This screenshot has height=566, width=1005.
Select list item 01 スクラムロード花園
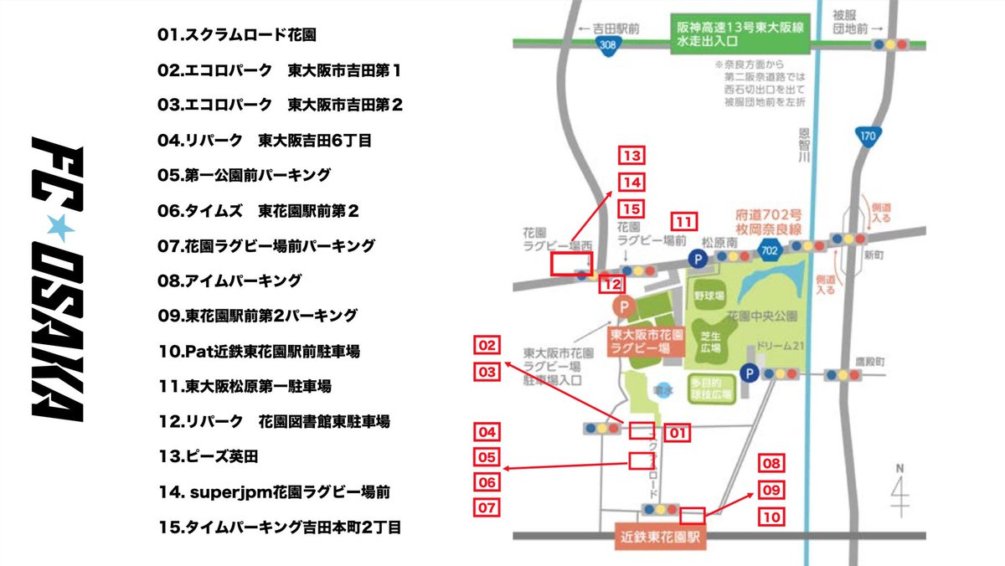click(x=237, y=35)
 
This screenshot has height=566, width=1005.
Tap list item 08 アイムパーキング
click(x=229, y=280)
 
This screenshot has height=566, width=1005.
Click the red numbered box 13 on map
click(x=631, y=156)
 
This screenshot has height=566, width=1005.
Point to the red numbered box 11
click(x=685, y=223)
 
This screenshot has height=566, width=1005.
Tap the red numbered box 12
click(x=611, y=285)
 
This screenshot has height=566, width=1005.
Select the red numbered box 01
click(x=677, y=433)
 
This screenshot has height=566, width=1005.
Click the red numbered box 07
click(x=487, y=507)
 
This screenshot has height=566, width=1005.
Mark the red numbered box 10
click(x=771, y=517)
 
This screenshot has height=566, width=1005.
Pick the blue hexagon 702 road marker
click(x=772, y=249)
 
